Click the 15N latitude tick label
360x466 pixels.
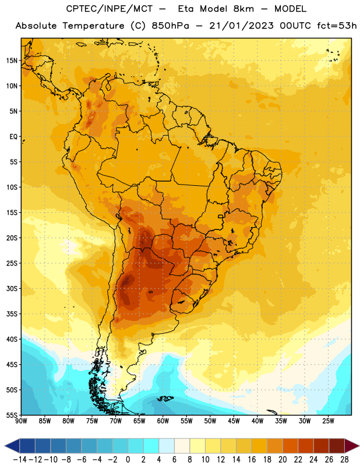tap(12, 61)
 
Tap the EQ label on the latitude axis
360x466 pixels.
tap(13, 137)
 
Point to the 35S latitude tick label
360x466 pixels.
tap(12, 314)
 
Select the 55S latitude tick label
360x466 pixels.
tap(12, 415)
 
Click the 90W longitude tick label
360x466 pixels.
tap(21, 421)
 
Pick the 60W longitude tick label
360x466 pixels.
tap(163, 421)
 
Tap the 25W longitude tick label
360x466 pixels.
tap(328, 421)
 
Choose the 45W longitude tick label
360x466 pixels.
tap(234, 421)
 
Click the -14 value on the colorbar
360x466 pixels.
tap(20, 460)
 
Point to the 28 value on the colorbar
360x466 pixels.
tap(344, 460)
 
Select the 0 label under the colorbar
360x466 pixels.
tap(128, 460)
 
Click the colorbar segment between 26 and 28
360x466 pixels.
tap(337, 446)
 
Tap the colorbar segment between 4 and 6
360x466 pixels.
tap(167, 446)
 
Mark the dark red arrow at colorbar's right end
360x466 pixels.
tap(351, 446)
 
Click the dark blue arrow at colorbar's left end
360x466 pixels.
tap(12, 446)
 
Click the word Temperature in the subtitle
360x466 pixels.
tap(93, 26)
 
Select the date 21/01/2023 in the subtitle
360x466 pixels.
tap(241, 26)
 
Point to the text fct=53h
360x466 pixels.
tap(337, 26)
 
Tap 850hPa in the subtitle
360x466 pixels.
tap(170, 26)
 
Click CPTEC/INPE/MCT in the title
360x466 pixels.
tap(109, 9)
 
